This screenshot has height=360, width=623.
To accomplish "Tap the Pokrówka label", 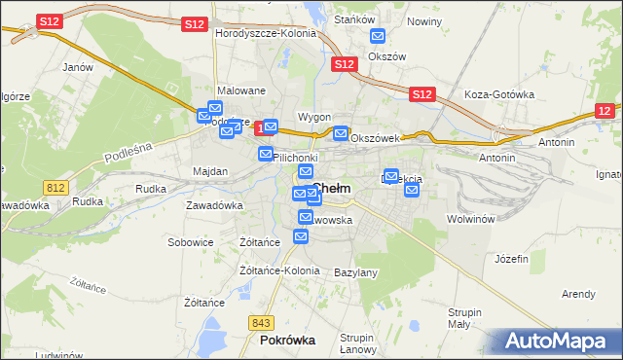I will click(x=287, y=341).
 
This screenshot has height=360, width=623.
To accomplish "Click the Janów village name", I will click(x=77, y=68).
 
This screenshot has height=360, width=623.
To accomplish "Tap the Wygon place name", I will click(x=314, y=117).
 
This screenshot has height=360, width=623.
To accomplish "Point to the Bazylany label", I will click(x=355, y=272).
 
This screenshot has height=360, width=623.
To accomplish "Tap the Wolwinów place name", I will click(x=472, y=219).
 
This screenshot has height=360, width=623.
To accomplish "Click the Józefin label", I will click(x=511, y=259).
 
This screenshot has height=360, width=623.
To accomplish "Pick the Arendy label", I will click(x=578, y=294).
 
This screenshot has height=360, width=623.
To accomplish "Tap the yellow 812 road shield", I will click(x=55, y=186).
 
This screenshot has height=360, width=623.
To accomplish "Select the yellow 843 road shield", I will click(x=260, y=322).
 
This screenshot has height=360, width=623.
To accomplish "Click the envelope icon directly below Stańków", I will click(x=378, y=37).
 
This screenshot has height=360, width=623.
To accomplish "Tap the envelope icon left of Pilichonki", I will click(x=266, y=154).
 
